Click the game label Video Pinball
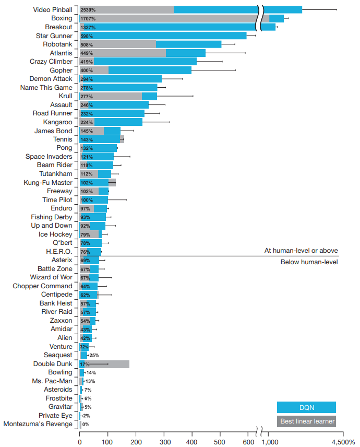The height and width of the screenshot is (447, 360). click(x=53, y=10)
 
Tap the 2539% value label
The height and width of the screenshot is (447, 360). click(x=88, y=10)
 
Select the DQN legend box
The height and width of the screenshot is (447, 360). click(x=306, y=407)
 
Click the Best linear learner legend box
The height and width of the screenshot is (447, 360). click(x=306, y=421)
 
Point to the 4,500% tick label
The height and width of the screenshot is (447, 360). click(x=342, y=442)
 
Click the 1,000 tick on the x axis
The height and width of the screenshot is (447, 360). click(x=269, y=442)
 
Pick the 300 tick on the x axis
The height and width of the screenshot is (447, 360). click(x=164, y=442)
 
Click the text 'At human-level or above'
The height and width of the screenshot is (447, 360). click(x=301, y=251)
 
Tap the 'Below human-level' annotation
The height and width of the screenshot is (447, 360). click(x=309, y=262)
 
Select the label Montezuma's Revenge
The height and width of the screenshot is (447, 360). click(x=38, y=424)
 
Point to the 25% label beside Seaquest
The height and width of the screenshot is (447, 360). click(x=94, y=355)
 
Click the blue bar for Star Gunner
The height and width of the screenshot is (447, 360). click(x=172, y=36)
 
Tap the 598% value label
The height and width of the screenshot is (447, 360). click(x=87, y=36)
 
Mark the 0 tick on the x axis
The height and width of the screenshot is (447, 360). click(x=79, y=442)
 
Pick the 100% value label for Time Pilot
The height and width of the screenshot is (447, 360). click(x=87, y=200)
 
